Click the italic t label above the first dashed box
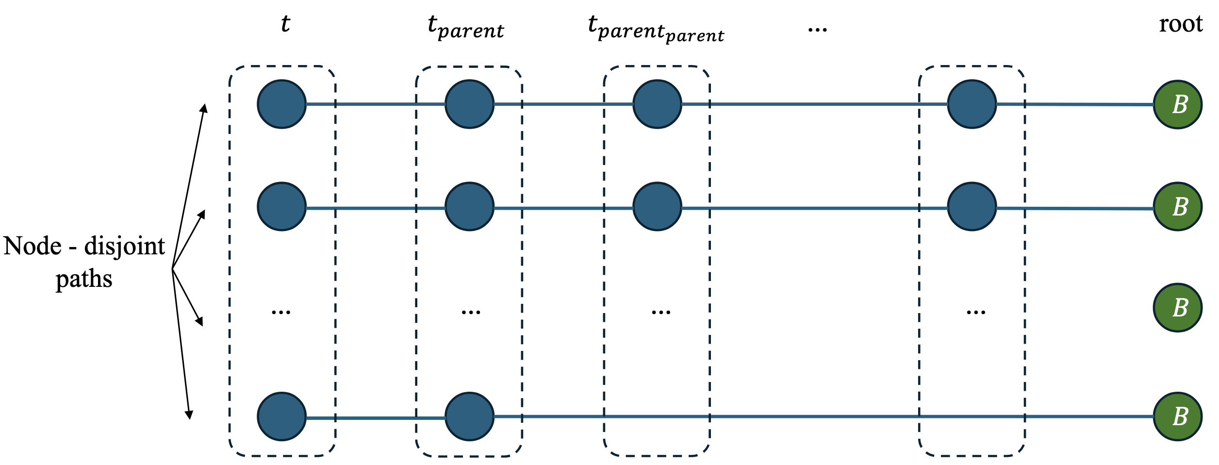285,24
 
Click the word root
1180,24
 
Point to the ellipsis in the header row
817,30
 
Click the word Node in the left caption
32,246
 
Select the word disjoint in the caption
124,246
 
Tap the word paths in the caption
84,279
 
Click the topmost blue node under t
281,104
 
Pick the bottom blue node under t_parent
469,416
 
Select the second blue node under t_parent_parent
657,206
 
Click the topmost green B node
1177,104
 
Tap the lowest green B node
1177,416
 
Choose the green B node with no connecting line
1177,308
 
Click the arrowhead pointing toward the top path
205,108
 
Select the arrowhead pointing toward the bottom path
189,415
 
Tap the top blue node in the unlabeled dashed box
972,104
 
